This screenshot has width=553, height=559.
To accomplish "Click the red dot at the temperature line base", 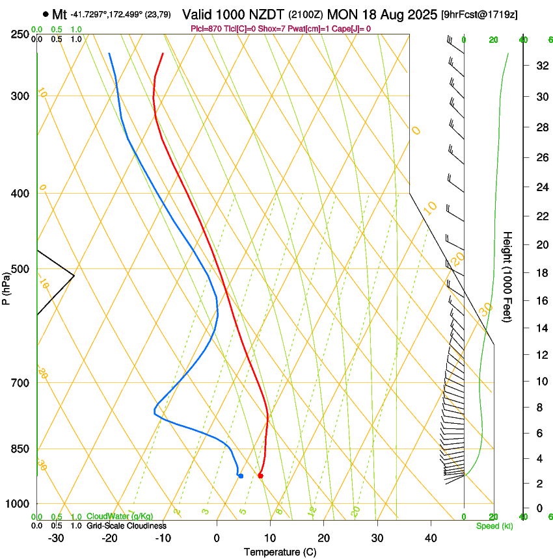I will click(260, 476).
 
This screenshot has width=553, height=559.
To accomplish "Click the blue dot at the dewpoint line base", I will click(241, 476).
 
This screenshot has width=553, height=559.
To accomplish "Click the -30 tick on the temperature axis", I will click(56, 538).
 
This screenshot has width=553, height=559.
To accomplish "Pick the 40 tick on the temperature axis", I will click(430, 538).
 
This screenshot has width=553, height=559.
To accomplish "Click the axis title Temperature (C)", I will click(280, 552).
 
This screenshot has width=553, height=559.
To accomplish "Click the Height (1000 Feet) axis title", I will click(508, 276).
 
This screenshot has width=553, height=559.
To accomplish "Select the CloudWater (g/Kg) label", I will click(120, 517).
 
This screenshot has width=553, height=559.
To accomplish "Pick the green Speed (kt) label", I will click(494, 525).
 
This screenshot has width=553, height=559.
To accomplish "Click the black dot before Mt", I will click(45, 14).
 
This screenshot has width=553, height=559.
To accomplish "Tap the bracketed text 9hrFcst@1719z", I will click(479, 14).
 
